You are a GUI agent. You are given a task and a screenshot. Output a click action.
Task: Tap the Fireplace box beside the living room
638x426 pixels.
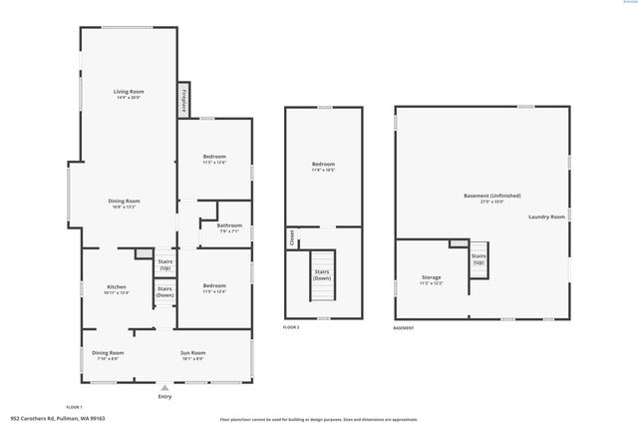click(x=183, y=100)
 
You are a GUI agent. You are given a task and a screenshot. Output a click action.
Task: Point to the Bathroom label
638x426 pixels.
click(x=229, y=226)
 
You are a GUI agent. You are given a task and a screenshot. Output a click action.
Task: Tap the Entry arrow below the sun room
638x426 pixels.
click(x=164, y=388)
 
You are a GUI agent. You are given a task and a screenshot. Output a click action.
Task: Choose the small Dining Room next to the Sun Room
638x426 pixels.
click(x=108, y=354)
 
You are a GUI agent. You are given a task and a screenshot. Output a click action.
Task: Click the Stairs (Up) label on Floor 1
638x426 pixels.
click(x=164, y=266)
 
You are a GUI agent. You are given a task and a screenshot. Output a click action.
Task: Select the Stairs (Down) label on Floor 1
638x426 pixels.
click(x=164, y=291)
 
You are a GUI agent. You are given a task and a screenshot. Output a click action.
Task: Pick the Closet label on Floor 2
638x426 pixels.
click(x=292, y=237)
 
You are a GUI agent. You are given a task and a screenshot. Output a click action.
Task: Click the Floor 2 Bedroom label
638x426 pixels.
click(x=323, y=166)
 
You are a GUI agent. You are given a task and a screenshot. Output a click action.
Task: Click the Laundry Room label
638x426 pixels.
click(x=546, y=216)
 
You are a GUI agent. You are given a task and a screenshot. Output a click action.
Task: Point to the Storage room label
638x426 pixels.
click(x=431, y=278)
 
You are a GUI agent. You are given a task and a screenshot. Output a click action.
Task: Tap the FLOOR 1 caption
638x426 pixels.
click(x=74, y=407)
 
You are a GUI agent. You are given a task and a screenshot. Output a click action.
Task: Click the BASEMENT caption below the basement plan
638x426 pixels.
click(x=404, y=328)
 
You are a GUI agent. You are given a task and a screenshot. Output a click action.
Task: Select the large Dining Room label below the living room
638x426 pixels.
click(x=124, y=204)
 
